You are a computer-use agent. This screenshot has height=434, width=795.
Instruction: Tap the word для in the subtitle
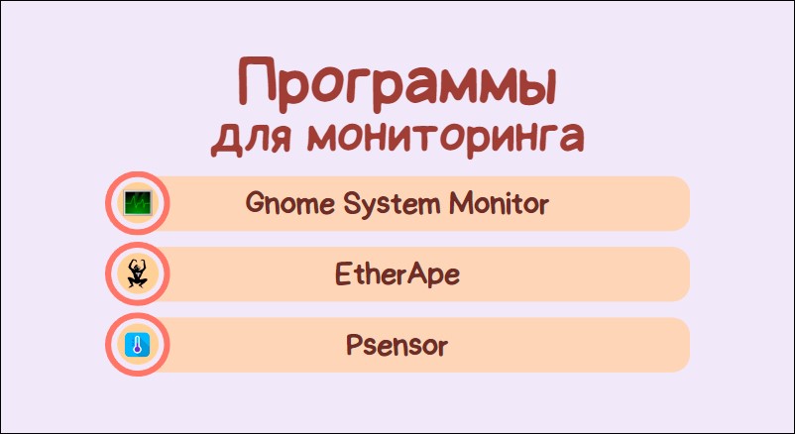[251, 138]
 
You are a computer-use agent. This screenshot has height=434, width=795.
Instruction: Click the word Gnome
[290, 203]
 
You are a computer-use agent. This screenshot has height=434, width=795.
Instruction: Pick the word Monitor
[499, 203]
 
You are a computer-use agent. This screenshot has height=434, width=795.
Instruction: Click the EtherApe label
[397, 274]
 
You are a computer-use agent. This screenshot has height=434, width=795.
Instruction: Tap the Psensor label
[397, 345]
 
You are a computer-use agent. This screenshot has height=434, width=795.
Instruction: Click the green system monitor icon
[138, 203]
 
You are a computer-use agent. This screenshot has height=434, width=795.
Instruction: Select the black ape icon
[138, 273]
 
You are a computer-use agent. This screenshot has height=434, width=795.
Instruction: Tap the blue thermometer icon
[138, 345]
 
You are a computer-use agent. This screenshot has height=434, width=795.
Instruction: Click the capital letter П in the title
[257, 84]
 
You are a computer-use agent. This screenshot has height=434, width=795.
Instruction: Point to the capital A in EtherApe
[415, 273]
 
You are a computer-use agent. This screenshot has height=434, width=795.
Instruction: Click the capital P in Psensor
[355, 345]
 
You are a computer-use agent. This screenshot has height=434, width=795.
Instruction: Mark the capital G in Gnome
[256, 203]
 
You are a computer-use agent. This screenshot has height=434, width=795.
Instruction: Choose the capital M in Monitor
[462, 203]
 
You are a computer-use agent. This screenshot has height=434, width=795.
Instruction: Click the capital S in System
[352, 203]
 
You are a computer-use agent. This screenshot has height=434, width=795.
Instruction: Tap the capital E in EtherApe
[343, 273]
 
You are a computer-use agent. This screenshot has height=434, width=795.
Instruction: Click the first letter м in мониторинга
[323, 140]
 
